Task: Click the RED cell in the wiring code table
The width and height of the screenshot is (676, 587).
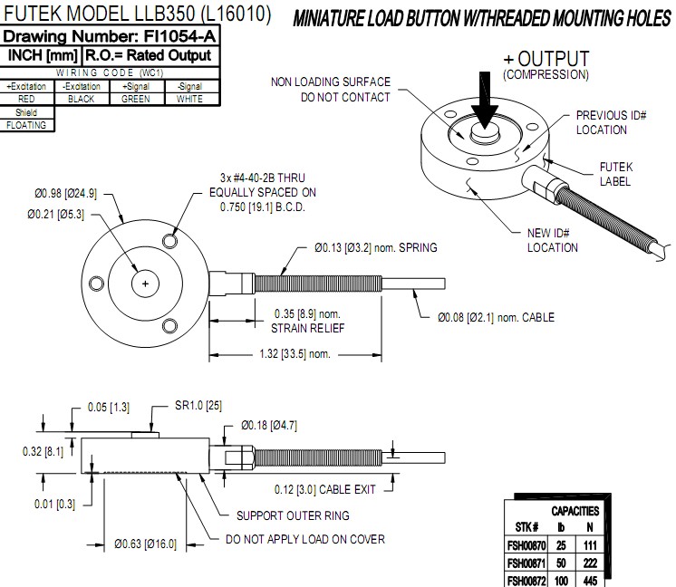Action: [26, 99]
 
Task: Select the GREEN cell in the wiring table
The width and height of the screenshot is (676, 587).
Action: [135, 99]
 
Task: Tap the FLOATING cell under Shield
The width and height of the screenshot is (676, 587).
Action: [26, 126]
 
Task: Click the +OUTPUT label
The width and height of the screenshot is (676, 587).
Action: [546, 60]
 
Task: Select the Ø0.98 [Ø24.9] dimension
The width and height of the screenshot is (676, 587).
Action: [65, 193]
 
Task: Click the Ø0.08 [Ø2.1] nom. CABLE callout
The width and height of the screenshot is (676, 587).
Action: [496, 317]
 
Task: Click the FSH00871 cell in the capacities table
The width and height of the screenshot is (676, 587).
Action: [527, 563]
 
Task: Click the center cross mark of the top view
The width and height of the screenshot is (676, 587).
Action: [145, 284]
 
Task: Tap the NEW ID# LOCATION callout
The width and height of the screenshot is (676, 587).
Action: [553, 240]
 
